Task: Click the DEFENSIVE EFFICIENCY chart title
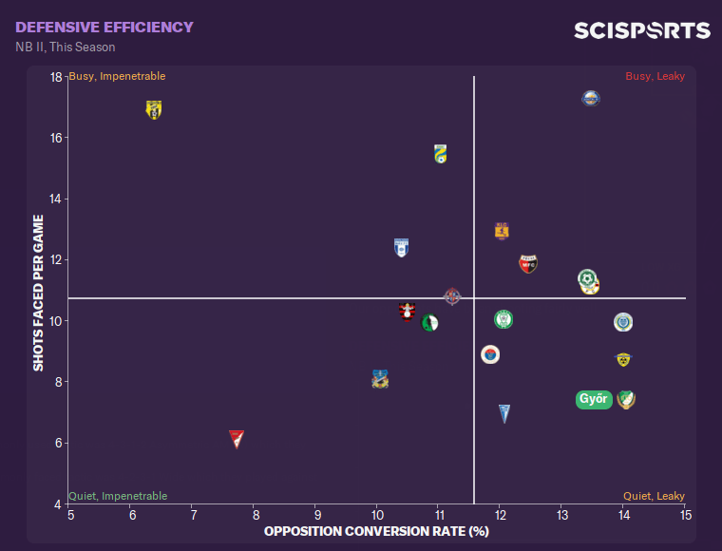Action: coord(104,28)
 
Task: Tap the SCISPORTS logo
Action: coord(641,30)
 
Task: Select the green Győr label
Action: coord(593,399)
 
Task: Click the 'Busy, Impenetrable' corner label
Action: coord(118,76)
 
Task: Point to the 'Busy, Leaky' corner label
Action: coord(655,76)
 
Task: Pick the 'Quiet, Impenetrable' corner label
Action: coord(118,496)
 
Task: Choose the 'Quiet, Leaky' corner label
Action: coord(654,496)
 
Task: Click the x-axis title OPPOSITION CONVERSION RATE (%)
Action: coord(376,530)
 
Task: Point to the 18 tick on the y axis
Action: coord(56,77)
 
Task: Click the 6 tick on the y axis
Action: coord(59,443)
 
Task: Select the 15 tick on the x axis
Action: coord(685,514)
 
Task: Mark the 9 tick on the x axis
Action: coord(316,514)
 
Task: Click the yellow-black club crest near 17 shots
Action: coord(154,109)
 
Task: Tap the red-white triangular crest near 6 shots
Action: coord(237,438)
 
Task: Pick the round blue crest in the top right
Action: coord(591,98)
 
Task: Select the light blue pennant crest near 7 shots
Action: coord(504,413)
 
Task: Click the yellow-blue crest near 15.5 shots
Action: coord(440,154)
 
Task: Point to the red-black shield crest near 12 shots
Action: coord(528,263)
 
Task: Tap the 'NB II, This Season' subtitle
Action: coord(66,47)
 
